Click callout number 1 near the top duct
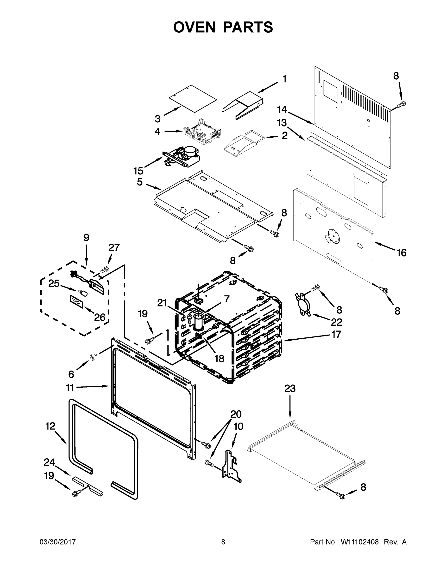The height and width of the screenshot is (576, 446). pyautogui.click(x=284, y=79)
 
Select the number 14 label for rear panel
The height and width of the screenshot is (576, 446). pyautogui.click(x=282, y=109)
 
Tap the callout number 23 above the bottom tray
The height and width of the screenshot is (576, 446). pyautogui.click(x=290, y=389)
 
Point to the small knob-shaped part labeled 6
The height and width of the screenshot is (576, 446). pyautogui.click(x=93, y=358)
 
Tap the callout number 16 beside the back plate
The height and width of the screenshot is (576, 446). pyautogui.click(x=401, y=253)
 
